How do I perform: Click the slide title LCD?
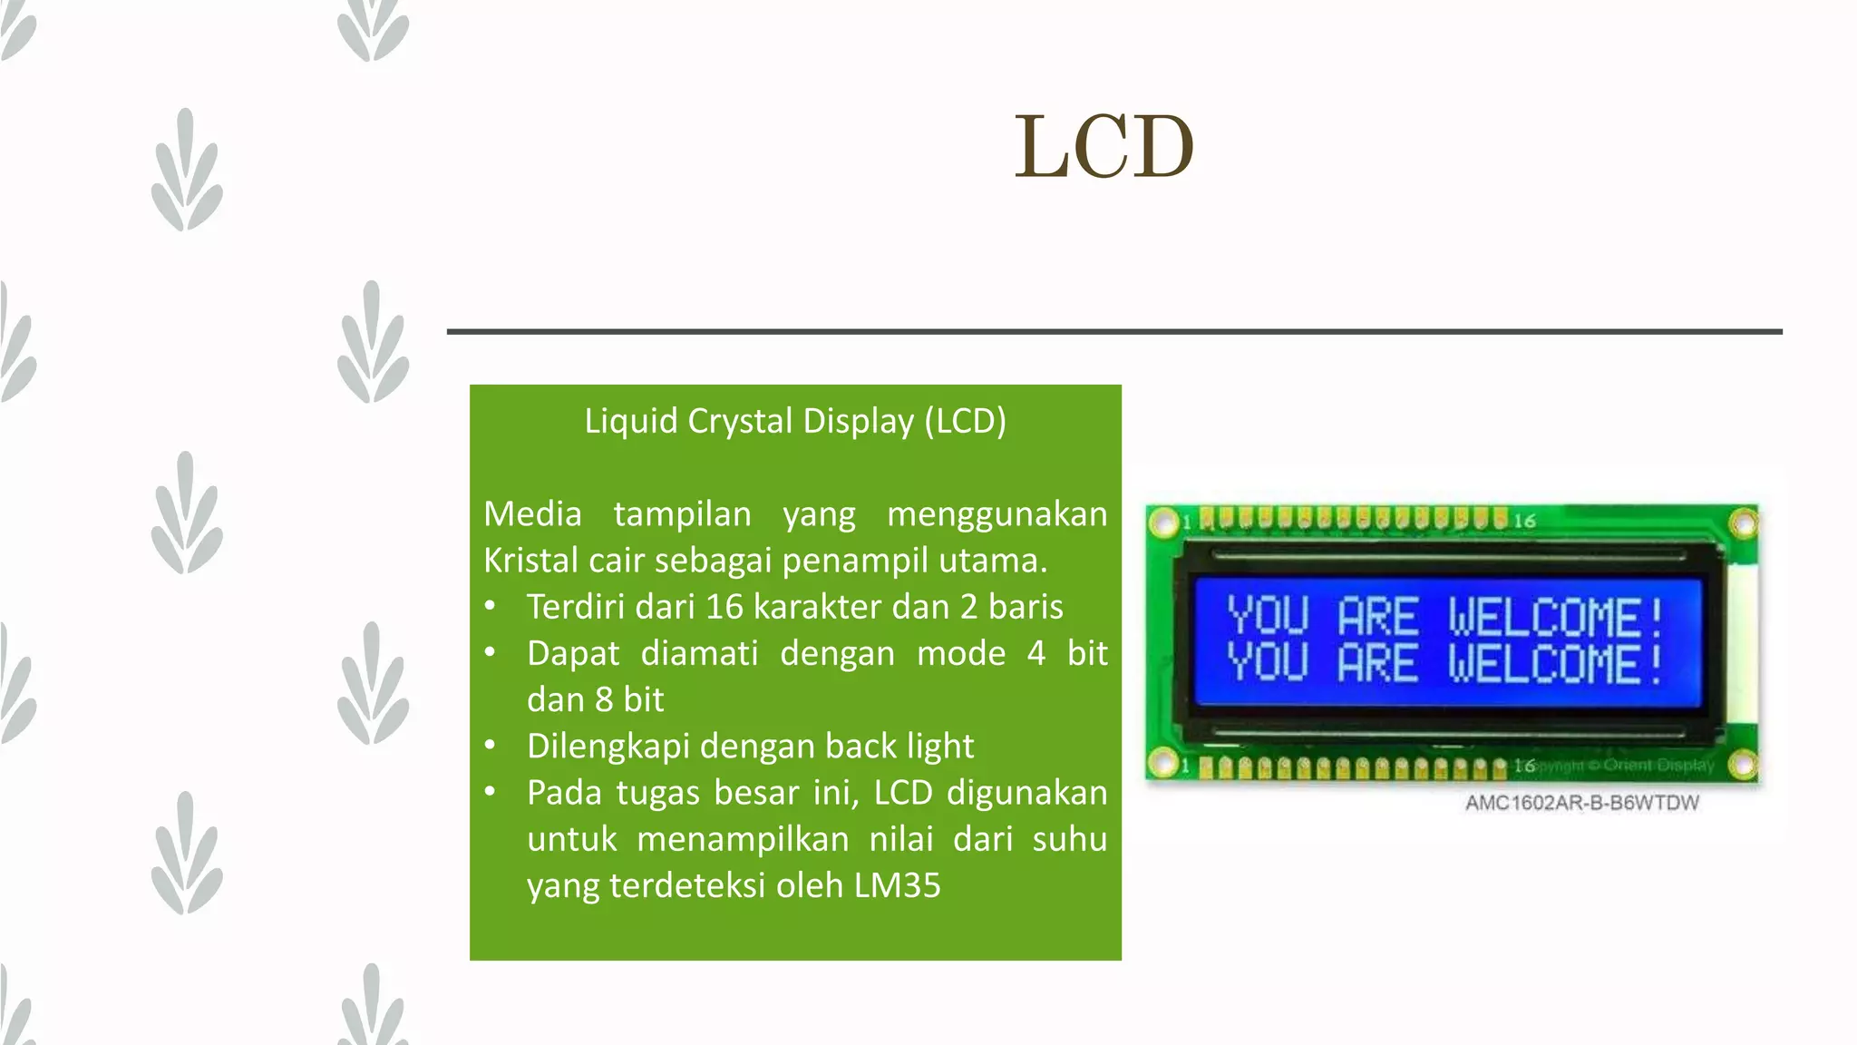tap(1104, 147)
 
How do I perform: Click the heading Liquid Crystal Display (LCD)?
tap(795, 421)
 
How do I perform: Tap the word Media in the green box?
tap(532, 514)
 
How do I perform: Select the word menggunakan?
tap(997, 514)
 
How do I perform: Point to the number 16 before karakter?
tap(724, 607)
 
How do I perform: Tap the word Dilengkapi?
tap(608, 747)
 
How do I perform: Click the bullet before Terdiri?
tap(490, 606)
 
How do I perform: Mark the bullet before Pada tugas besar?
tap(490, 792)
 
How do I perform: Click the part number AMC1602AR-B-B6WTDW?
tap(1581, 803)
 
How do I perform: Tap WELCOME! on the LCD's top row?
tap(1555, 617)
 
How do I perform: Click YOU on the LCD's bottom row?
tap(1268, 662)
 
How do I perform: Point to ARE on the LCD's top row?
tap(1377, 617)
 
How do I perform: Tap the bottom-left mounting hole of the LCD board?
tap(1162, 763)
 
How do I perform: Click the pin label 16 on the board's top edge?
tap(1524, 521)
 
